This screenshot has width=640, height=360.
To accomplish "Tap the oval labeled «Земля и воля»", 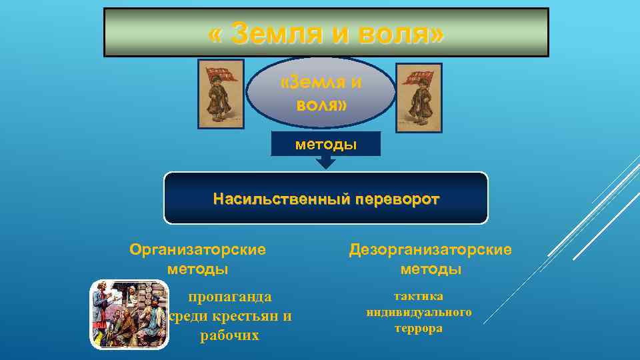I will tap(321, 93).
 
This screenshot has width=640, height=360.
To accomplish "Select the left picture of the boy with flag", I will tap(221, 93).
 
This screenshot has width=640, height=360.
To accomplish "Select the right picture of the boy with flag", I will tap(419, 98).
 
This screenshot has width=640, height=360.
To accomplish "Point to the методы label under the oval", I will tap(326, 145).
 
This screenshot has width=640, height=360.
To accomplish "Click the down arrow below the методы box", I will tap(325, 162).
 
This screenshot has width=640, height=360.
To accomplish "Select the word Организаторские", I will tap(197, 249).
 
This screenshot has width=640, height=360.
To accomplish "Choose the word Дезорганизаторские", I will tap(431, 249).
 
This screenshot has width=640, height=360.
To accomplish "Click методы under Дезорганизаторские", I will tap(431, 269).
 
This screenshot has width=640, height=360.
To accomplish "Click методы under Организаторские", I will tap(197, 269).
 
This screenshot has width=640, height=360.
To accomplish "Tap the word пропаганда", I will tap(229, 296).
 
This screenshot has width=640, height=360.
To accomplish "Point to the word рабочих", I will tap(229, 336).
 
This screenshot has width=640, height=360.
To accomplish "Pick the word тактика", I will tap(419, 296).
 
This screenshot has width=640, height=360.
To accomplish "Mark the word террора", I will tap(419, 328).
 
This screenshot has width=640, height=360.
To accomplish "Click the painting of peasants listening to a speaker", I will tap(129, 314).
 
